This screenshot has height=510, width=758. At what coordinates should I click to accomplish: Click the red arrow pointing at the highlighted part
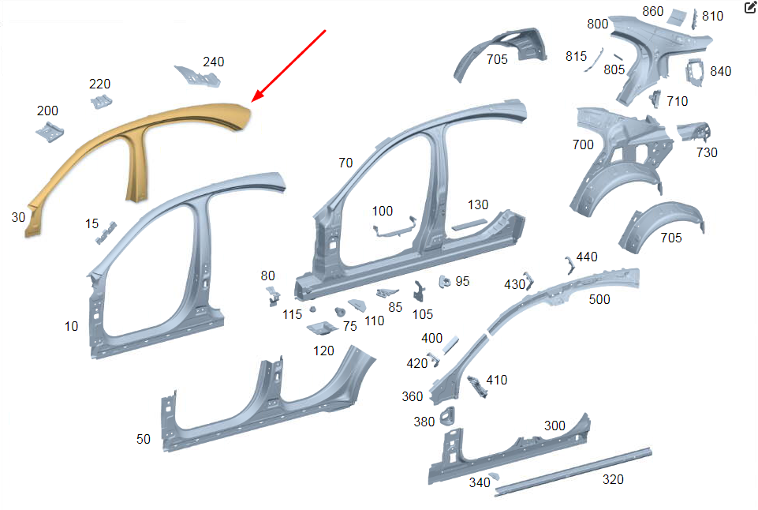[x=289, y=66]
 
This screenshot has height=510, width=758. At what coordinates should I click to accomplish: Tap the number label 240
[x=213, y=62]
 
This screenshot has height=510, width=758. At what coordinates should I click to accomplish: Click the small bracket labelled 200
[x=50, y=132]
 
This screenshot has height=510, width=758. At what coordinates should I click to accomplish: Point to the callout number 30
[x=18, y=217]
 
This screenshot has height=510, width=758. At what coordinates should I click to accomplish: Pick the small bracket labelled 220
[x=101, y=102]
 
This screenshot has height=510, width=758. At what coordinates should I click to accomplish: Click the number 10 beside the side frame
[x=71, y=327]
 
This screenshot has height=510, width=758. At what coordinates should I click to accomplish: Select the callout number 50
[x=143, y=440]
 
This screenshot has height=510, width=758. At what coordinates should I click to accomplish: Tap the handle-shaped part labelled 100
[x=394, y=228]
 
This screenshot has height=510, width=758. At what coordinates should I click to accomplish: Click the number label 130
[x=478, y=205]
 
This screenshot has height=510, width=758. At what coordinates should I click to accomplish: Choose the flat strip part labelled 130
[x=469, y=225]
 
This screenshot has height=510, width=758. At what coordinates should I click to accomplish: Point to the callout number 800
[x=598, y=24]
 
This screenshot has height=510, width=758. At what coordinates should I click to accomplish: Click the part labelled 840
[x=695, y=73]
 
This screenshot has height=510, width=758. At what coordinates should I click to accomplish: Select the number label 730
[x=707, y=153]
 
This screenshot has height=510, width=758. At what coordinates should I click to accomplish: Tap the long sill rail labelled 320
[x=573, y=472]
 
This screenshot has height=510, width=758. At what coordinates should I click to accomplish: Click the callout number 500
[x=599, y=299]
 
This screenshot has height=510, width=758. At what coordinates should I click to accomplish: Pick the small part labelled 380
[x=448, y=416]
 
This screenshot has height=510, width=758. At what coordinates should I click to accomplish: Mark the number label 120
[x=323, y=351]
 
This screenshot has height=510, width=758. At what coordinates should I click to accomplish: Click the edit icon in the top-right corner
[x=750, y=7]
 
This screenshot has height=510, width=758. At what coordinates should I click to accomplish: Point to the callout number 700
[x=583, y=144]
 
